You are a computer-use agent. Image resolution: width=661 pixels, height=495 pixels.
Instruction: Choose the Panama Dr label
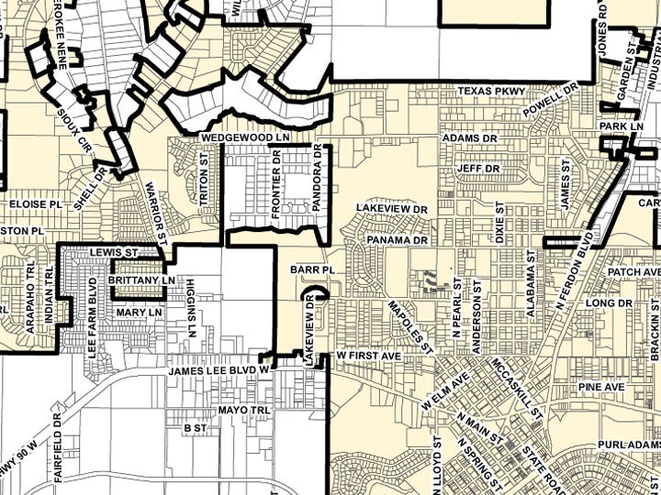click(x=398, y=240)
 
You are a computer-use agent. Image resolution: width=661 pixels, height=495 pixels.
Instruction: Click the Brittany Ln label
click(x=140, y=280)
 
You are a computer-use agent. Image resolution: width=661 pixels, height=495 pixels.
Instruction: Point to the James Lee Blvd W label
click(x=217, y=370)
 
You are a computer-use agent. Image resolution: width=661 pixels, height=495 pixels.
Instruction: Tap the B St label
click(x=195, y=428)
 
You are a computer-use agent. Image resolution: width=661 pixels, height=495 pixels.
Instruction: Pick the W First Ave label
click(x=368, y=354)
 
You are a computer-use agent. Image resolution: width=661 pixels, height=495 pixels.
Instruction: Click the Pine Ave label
click(x=601, y=388)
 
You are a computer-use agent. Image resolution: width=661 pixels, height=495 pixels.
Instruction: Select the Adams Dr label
click(x=468, y=137)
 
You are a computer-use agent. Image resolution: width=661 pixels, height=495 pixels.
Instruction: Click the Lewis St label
click(x=113, y=251)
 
